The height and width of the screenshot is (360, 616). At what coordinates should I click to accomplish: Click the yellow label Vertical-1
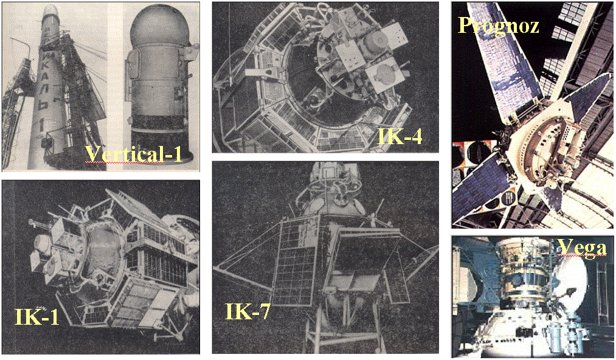coord(134,154)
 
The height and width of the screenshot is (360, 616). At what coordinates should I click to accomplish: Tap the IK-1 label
coord(37,316)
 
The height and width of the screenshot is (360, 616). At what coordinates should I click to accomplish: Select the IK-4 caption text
coord(400,136)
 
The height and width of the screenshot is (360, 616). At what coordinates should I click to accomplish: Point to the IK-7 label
coord(248,311)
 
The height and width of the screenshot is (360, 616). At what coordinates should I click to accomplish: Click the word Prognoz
coord(499,26)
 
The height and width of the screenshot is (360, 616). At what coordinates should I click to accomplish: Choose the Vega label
coord(582,248)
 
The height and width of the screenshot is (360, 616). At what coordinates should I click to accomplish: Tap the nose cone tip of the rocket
coord(52,9)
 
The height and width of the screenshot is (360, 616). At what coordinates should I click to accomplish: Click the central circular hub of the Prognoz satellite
coord(546,147)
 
